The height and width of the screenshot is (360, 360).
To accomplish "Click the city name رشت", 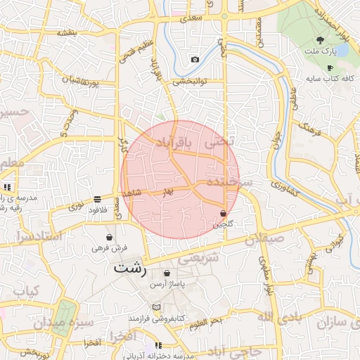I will point(131,269).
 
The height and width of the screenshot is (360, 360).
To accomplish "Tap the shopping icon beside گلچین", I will point(223,213).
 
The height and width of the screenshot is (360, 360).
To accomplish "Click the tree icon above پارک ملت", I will point(321,40).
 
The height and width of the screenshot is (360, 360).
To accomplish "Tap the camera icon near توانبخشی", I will point(194,59).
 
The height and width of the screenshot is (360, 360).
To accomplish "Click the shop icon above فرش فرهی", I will point(109,237).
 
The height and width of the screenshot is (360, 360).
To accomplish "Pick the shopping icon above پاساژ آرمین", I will point(166,273).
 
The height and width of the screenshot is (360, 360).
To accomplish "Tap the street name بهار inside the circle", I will point(167,191).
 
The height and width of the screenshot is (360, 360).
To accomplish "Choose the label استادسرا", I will point(36,236).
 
